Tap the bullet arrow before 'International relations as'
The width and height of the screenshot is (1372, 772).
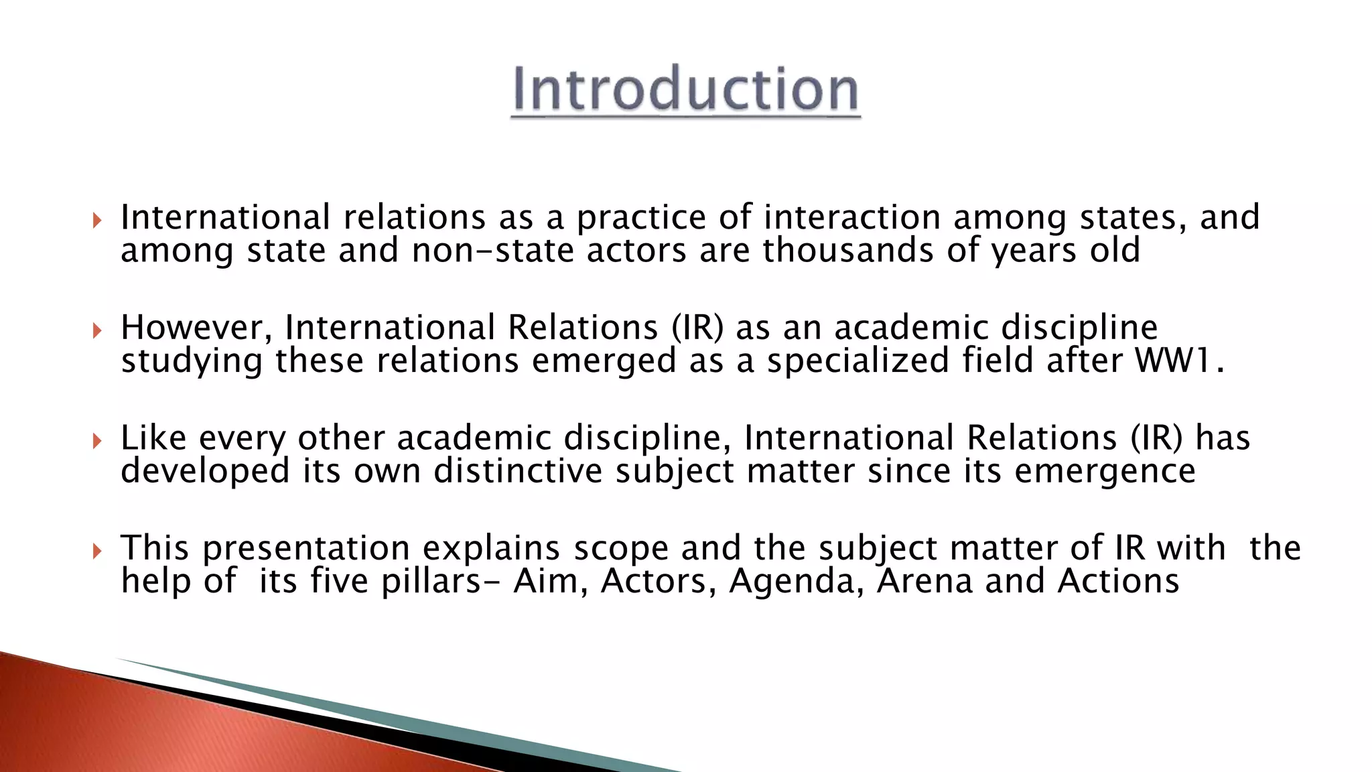pyautogui.click(x=97, y=220)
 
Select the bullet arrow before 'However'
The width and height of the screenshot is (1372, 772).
pyautogui.click(x=97, y=330)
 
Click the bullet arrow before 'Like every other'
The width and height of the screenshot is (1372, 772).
pyautogui.click(x=97, y=440)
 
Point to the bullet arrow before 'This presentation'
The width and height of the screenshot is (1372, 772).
pyautogui.click(x=97, y=551)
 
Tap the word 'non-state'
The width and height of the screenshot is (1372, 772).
pyautogui.click(x=493, y=251)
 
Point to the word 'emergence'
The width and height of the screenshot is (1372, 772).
pyautogui.click(x=1105, y=471)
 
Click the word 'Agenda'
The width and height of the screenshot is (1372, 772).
pyautogui.click(x=796, y=581)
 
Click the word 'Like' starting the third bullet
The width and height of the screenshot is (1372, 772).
pyautogui.click(x=153, y=438)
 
